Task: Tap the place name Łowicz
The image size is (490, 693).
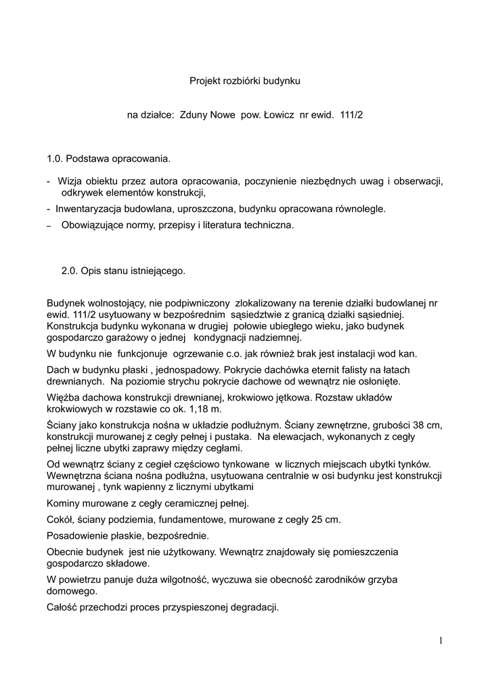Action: tap(275, 116)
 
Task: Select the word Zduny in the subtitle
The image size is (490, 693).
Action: tap(194, 116)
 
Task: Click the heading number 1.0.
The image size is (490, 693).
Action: tap(55, 160)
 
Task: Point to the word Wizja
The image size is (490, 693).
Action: tap(70, 181)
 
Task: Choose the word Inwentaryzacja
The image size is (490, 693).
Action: tap(88, 209)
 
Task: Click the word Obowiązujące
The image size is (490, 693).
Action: tap(91, 225)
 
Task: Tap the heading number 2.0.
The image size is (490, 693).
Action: tap(70, 271)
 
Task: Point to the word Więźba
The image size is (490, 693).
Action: tap(64, 397)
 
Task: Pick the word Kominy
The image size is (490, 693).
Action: tap(64, 503)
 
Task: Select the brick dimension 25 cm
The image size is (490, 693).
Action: tap(326, 519)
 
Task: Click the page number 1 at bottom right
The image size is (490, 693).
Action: tap(441, 641)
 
